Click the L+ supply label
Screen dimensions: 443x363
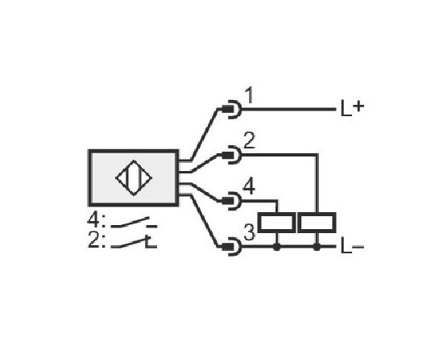click(352, 108)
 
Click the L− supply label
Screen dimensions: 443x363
click(352, 247)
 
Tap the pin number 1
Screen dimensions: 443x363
click(249, 95)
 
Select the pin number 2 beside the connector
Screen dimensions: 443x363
click(249, 141)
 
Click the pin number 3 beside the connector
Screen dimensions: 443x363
click(249, 233)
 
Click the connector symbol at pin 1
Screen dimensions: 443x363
click(232, 109)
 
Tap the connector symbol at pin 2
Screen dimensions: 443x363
click(232, 155)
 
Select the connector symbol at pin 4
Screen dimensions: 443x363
click(232, 201)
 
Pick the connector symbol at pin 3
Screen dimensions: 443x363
click(232, 247)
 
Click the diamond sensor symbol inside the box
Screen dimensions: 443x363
click(134, 178)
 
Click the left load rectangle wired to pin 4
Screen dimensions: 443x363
click(277, 223)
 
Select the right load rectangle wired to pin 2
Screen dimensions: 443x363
click(317, 223)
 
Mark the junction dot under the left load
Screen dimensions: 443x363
click(277, 247)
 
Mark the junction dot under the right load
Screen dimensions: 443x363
click(317, 247)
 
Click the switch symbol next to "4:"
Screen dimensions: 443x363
click(134, 223)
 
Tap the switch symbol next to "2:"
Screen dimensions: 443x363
click(134, 242)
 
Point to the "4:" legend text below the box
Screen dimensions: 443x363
click(96, 221)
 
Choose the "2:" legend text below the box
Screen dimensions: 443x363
click(97, 240)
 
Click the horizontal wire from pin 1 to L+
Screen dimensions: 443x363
click(288, 109)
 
